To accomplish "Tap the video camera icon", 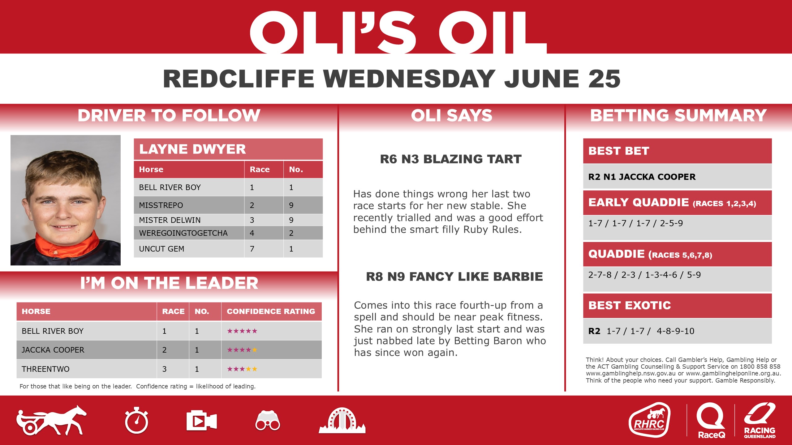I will coord(201,421).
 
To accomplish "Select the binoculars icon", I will coord(268,421).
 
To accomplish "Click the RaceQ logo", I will coord(711,420).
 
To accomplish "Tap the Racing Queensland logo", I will coord(760,420).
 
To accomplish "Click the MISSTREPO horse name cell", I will coord(161,205).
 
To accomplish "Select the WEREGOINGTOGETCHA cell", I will coord(183,233).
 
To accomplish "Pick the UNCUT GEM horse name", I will coord(161,249).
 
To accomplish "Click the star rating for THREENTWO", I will coord(242,369).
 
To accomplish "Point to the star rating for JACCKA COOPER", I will coord(242,350).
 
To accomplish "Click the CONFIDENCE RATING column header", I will coord(271,311).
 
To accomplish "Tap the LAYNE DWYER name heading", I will coord(192,149).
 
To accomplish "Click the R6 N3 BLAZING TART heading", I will coord(451,159).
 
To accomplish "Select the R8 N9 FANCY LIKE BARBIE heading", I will coord(454,277).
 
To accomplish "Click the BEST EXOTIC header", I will coord(630,305).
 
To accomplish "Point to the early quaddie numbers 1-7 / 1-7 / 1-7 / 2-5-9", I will coord(635,223).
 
